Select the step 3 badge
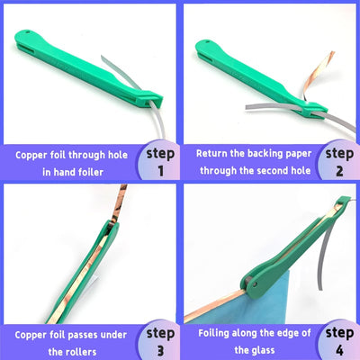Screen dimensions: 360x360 [158, 339]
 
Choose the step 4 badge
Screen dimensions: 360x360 [338, 339]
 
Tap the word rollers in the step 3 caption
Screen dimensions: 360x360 [87, 351]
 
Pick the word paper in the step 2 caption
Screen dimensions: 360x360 [303, 152]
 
